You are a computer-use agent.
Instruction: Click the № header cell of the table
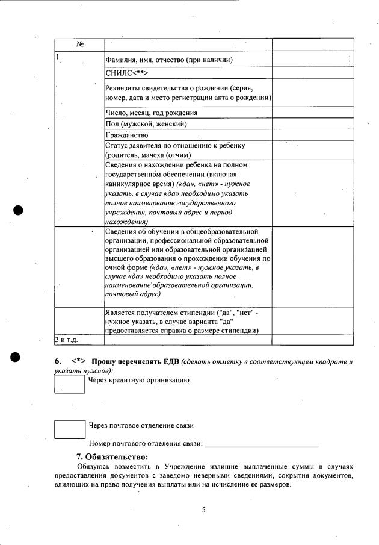coord(79,45)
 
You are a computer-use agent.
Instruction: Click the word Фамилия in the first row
coord(119,60)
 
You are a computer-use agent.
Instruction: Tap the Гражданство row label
coord(126,135)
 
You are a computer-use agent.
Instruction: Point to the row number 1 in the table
coord(57,57)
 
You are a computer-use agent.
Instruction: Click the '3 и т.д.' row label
coord(67,340)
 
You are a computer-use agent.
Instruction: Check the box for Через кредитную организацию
coord(70,384)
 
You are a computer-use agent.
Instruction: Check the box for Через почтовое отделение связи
coord(70,428)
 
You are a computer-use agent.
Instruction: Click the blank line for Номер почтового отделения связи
coord(262,446)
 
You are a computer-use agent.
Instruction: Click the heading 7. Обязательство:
coord(112,456)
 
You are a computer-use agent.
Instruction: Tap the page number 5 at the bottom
coord(203,510)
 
